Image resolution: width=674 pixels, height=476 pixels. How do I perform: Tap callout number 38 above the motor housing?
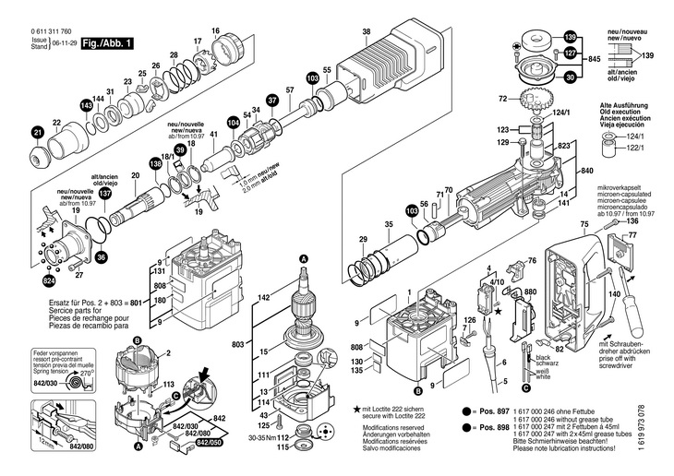point(367,32)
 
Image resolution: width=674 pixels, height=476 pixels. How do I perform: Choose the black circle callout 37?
point(271,99)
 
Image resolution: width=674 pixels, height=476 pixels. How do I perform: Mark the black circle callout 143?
point(86,106)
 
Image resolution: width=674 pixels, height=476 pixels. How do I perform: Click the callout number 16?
point(215,31)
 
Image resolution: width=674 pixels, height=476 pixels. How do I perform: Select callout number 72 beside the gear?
point(529,96)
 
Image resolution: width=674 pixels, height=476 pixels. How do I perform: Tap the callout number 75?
point(584,224)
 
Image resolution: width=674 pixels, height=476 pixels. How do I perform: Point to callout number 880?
point(530,292)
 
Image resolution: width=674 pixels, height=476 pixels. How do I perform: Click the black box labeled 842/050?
point(209,444)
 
